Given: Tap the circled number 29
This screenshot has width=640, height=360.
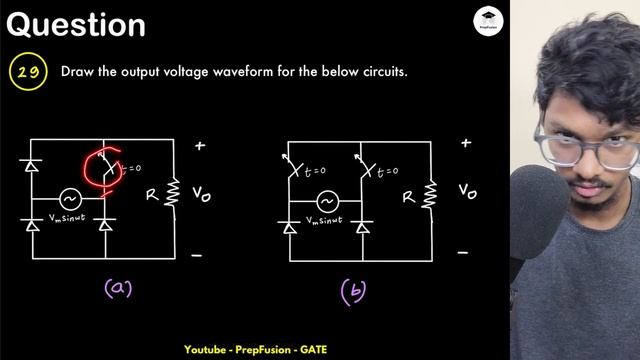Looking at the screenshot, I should pos(27,73).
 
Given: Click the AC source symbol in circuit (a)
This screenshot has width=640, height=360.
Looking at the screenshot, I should pos(70,198).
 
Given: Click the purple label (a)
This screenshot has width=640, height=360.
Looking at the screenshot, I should pos(118,289).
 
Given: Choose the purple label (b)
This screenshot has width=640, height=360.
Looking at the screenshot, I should pos(353,291).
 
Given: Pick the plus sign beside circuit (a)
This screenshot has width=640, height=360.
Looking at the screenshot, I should pos(200,146).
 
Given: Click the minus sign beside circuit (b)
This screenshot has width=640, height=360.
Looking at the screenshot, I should pos(462,253).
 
